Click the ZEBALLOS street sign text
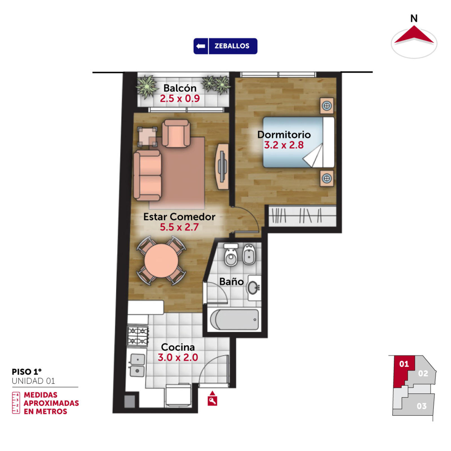pyautogui.click(x=232, y=46)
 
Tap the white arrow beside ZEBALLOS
pyautogui.click(x=201, y=46)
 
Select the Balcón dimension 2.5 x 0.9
pyautogui.click(x=180, y=98)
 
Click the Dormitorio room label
pyautogui.click(x=284, y=134)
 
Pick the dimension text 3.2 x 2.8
pyautogui.click(x=284, y=145)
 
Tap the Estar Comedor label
pyautogui.click(x=179, y=217)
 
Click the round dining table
pyautogui.click(x=161, y=261)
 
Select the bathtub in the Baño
pyautogui.click(x=235, y=320)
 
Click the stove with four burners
pyautogui.click(x=138, y=336)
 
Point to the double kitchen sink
pyautogui.click(x=137, y=365)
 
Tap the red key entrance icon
pyautogui.click(x=212, y=399)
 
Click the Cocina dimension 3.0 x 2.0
pyautogui.click(x=178, y=357)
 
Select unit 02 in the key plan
pyautogui.click(x=423, y=373)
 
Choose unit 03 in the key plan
pyautogui.click(x=421, y=406)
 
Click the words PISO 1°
pyautogui.click(x=27, y=372)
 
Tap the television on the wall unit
pyautogui.click(x=222, y=166)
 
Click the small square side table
pyautogui.click(x=147, y=137)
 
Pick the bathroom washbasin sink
pyautogui.click(x=253, y=288)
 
